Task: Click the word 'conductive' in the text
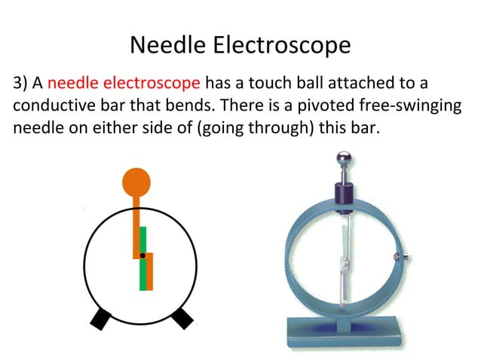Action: pos(49,105)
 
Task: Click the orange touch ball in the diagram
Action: pos(136,182)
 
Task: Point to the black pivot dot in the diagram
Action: pos(142,256)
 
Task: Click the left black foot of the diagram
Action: pos(100,319)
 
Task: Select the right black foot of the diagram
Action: pos(182,319)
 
